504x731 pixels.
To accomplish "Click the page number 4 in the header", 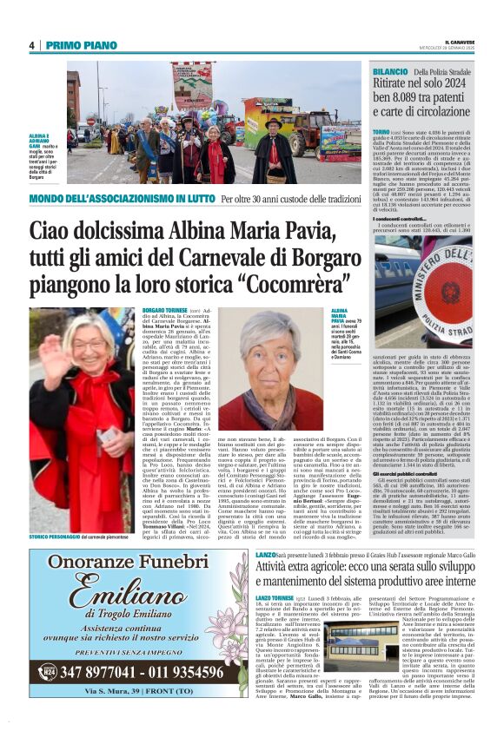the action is [x=31, y=46].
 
